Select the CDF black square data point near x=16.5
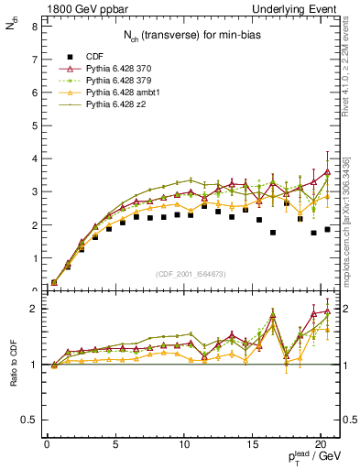pyautogui.click(x=273, y=233)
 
